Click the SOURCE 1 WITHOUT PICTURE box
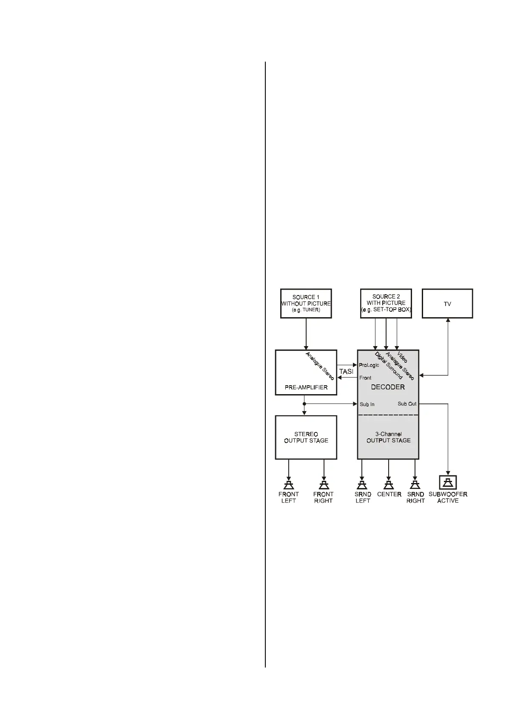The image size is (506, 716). click(306, 304)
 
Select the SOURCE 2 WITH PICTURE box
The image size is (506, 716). click(386, 303)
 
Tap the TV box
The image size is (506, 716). click(447, 304)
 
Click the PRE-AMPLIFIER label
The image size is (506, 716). click(306, 387)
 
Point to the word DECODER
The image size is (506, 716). click(388, 387)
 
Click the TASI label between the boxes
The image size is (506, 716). click(346, 372)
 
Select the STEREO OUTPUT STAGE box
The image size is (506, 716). click(306, 437)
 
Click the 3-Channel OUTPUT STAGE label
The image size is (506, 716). click(388, 437)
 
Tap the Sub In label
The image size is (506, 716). click(367, 404)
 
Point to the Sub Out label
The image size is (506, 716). click(407, 404)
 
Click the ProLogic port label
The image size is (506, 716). click(369, 365)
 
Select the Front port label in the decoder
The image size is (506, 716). click(365, 378)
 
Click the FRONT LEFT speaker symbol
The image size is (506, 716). click(289, 485)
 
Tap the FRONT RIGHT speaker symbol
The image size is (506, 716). click(324, 485)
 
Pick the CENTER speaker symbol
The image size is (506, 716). click(389, 485)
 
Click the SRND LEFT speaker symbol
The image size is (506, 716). click(362, 485)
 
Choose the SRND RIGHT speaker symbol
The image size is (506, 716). click(415, 485)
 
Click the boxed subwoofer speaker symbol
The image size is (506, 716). click(448, 482)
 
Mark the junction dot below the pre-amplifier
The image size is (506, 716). click(304, 404)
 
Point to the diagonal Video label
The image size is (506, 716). click(402, 357)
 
